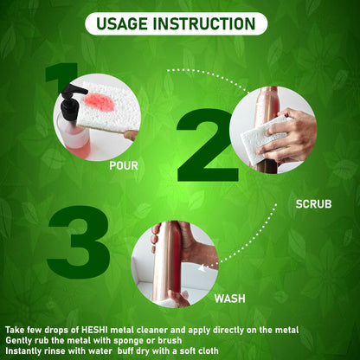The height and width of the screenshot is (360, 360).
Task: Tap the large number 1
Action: coord(61,75)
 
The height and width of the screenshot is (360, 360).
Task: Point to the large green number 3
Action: coord(79,242)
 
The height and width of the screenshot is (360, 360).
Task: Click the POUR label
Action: coord(124,166)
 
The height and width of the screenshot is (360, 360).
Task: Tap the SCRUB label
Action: coord(313,204)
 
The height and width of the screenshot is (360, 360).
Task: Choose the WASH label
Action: coord(230,299)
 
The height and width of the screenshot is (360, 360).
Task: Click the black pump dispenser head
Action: coord(72,101)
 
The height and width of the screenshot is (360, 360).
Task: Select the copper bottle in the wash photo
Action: coord(167,261)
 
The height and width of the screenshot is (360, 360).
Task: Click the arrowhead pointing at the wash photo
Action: coord(202,268)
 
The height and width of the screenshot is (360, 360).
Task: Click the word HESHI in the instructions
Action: coord(92,330)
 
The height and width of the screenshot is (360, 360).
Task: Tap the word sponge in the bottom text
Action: coord(129,341)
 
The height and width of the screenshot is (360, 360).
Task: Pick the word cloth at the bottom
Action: coord(208,351)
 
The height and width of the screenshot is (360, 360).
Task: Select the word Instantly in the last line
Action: coord(24,351)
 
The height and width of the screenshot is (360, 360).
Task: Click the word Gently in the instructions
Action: coord(18,341)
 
